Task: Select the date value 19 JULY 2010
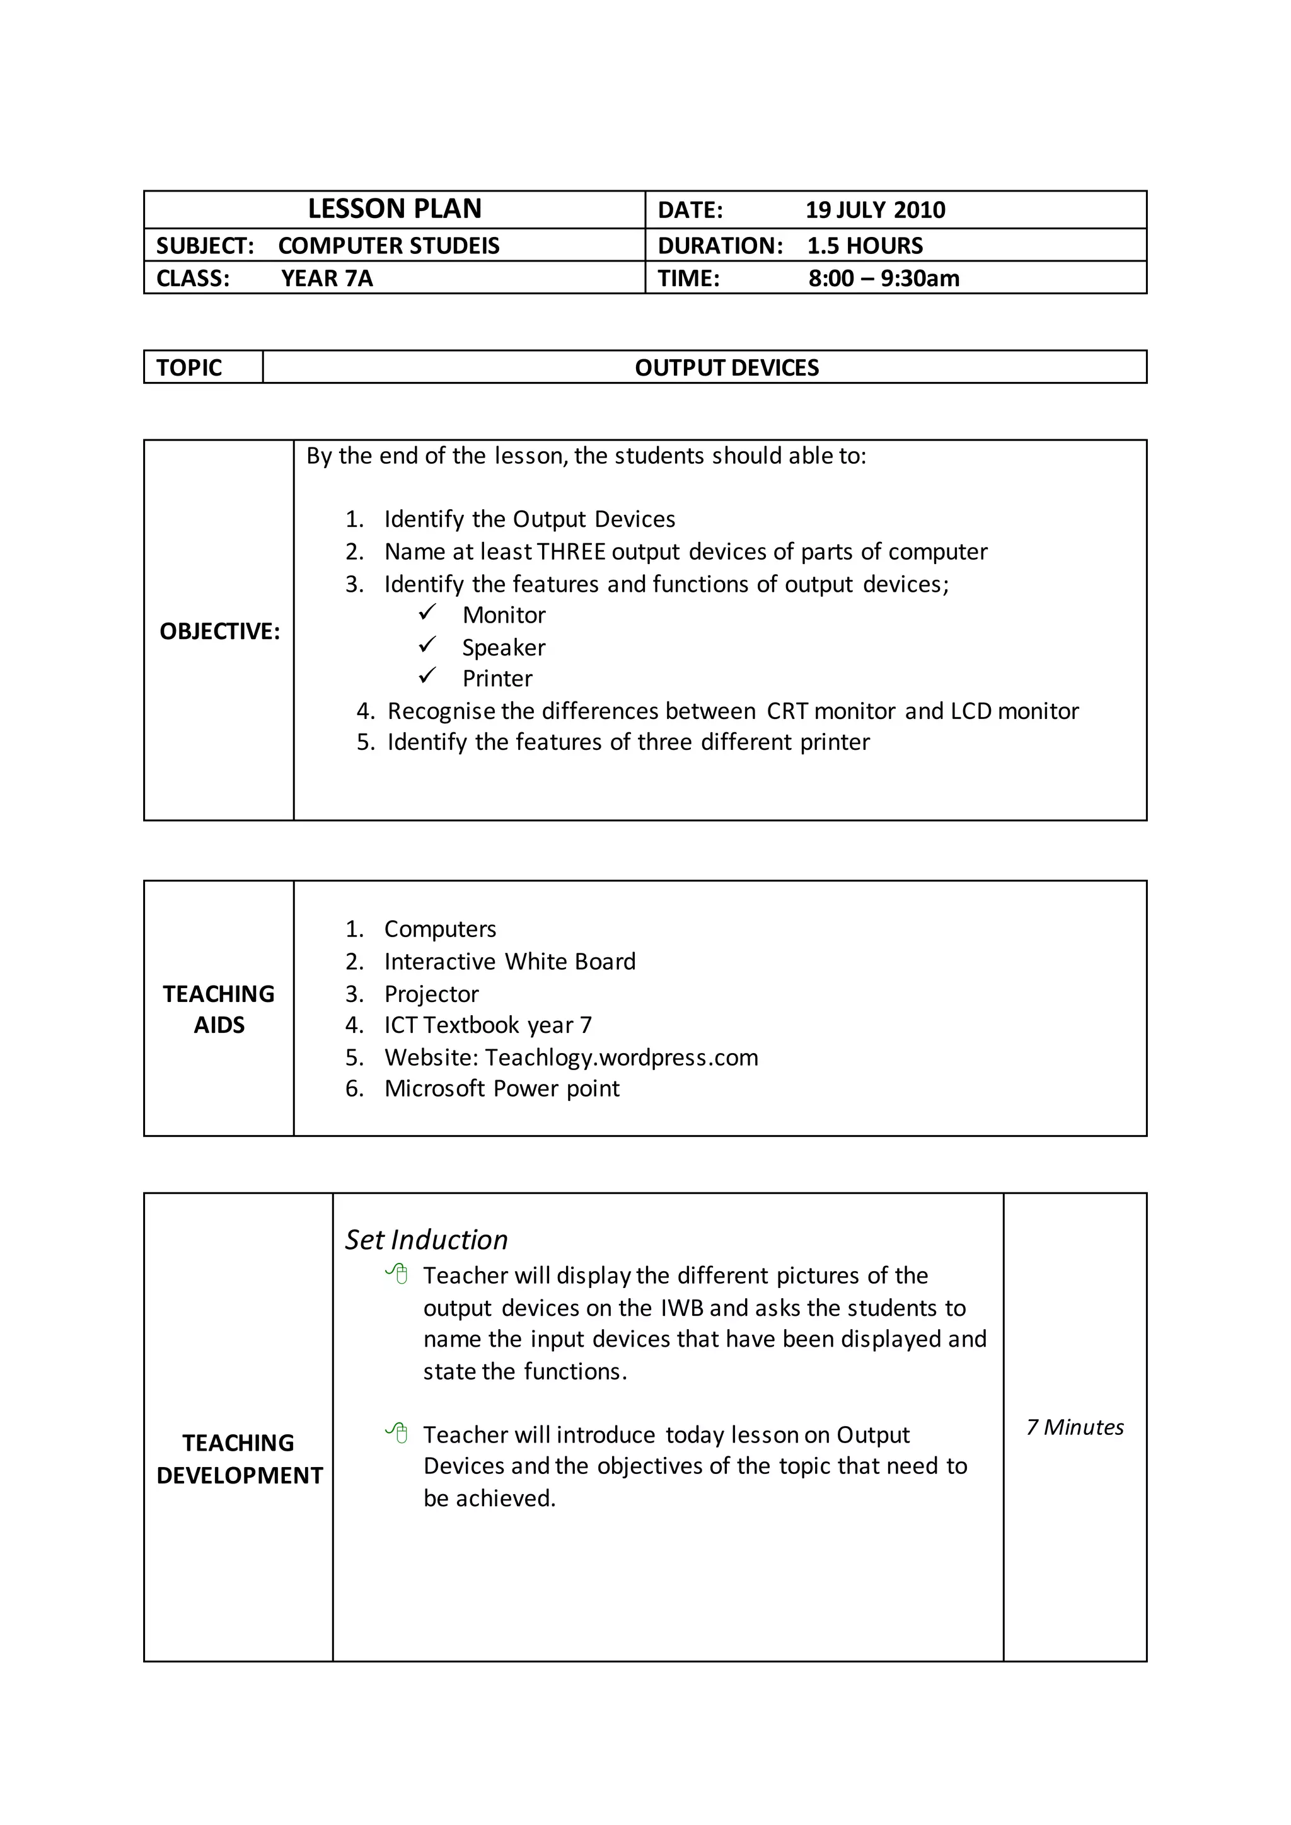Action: click(x=875, y=210)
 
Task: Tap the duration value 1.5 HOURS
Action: click(x=865, y=246)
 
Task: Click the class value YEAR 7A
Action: click(x=327, y=278)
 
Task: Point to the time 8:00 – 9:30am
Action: click(x=884, y=278)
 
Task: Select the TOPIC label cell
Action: click(x=189, y=368)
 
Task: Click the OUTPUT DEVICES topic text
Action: click(x=727, y=368)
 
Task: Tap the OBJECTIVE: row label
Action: click(x=219, y=631)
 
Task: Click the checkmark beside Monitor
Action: click(x=427, y=613)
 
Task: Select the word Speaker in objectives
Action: click(x=504, y=648)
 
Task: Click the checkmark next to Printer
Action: click(x=427, y=676)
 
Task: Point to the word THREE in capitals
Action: click(x=572, y=551)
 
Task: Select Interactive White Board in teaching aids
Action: click(x=509, y=962)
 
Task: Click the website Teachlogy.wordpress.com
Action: click(x=622, y=1057)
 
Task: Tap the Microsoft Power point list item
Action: click(x=502, y=1088)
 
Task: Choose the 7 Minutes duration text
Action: click(x=1075, y=1427)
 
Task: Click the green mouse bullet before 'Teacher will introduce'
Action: click(x=397, y=1433)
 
